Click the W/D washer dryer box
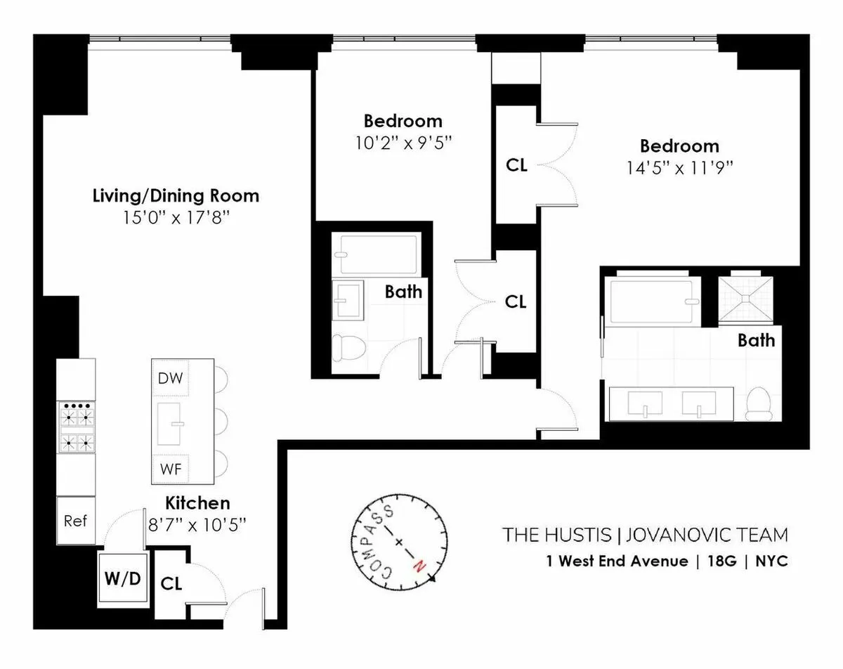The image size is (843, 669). click(x=124, y=579)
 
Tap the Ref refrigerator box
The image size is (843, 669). click(x=75, y=521)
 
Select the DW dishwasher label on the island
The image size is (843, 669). click(x=170, y=379)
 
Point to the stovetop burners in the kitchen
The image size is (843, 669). click(x=75, y=427)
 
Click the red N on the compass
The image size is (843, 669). click(x=421, y=565)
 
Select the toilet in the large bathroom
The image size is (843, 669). click(x=759, y=403)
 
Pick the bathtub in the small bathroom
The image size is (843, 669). click(x=379, y=254)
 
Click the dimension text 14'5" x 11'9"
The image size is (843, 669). click(x=679, y=168)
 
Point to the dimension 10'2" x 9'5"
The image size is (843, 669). click(x=403, y=143)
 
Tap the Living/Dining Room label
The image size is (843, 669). click(x=176, y=195)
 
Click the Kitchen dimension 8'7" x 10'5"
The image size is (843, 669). click(x=197, y=525)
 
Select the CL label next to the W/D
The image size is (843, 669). click(x=171, y=583)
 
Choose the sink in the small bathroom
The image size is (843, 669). click(x=347, y=299)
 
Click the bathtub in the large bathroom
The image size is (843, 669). click(x=653, y=301)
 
